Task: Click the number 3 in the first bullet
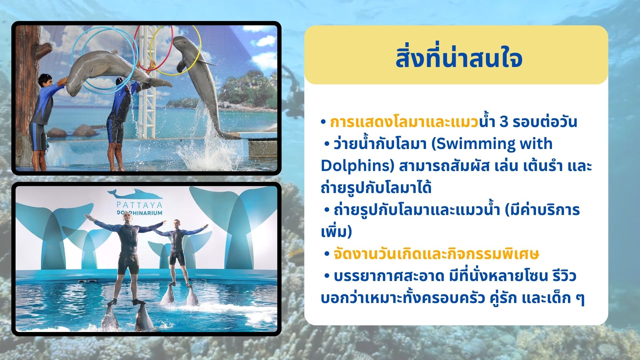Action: click(504, 122)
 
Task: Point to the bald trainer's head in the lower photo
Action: click(127, 219)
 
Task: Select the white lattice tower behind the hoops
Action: click(147, 100)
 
